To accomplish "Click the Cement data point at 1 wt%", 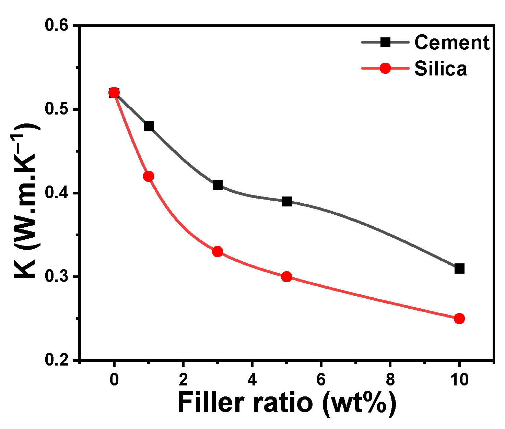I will [x=149, y=126].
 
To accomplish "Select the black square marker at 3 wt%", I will [x=218, y=185].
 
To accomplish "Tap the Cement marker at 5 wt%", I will [x=287, y=202].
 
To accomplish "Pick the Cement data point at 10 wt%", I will [x=459, y=269].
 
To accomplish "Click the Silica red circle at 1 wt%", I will [x=149, y=177].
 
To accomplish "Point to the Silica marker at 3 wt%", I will [x=218, y=252].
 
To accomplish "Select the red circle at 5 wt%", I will [x=287, y=277].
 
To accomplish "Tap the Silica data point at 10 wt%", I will [x=459, y=319].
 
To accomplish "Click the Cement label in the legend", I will [x=452, y=43].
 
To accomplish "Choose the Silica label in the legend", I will [x=441, y=69].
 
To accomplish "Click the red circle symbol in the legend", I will [x=386, y=68].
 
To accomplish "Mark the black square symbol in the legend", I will [x=386, y=43].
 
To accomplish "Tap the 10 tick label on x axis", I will [x=459, y=380].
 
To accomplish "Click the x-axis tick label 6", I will [x=321, y=380].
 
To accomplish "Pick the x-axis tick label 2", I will [x=183, y=380].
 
